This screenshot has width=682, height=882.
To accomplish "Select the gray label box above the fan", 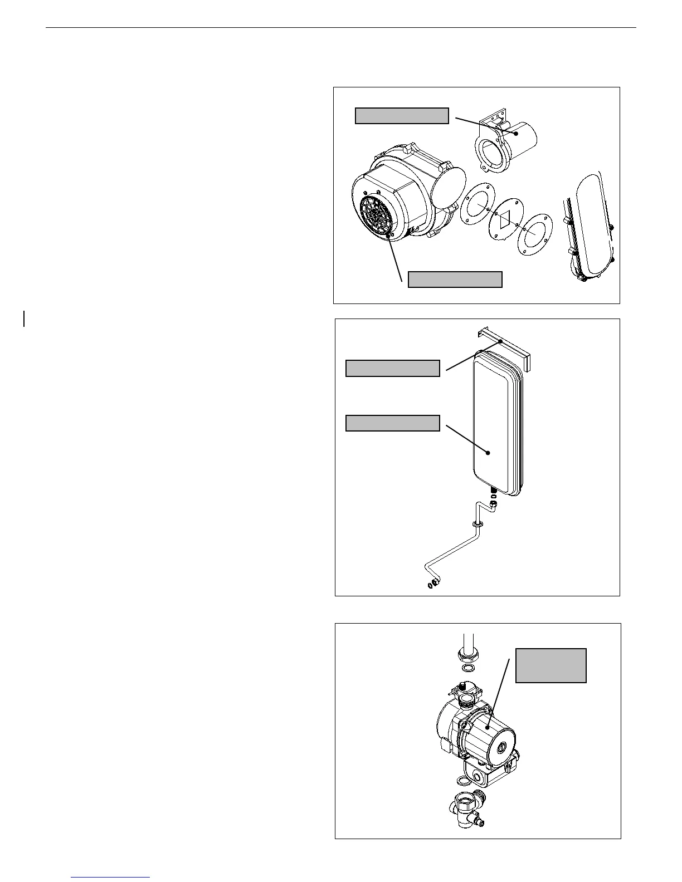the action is [402, 116].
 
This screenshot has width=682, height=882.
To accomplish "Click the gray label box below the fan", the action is [455, 280].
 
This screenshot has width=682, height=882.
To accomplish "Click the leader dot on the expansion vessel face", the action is [488, 453].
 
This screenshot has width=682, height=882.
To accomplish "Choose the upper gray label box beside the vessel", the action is [393, 369].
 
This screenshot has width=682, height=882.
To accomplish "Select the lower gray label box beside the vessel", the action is [393, 423].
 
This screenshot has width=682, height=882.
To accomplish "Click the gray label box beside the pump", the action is [551, 665].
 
